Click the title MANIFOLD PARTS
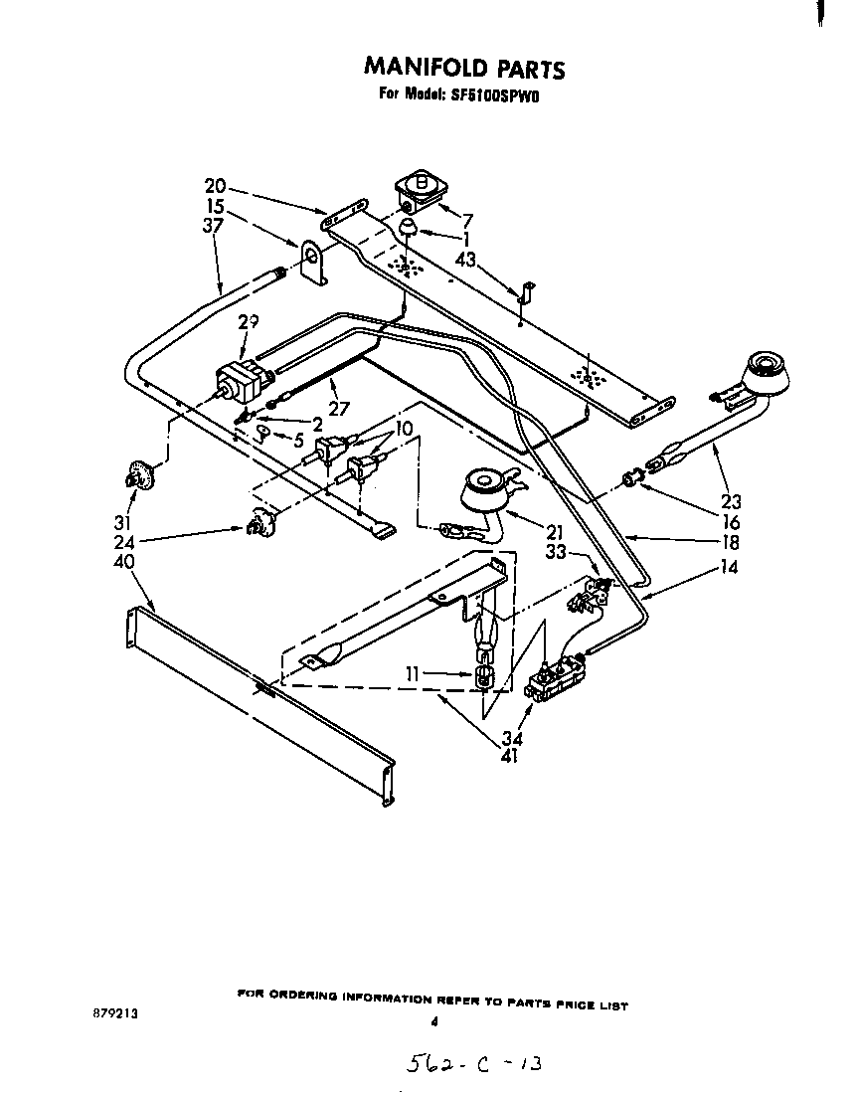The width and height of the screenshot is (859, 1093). point(464,68)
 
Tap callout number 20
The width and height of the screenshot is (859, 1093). point(215,186)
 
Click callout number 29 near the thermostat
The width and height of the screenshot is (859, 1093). point(248,322)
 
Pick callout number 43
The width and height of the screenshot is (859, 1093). point(465,260)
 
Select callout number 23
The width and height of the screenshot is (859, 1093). point(732,502)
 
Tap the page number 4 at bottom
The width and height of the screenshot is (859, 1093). point(433,1020)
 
